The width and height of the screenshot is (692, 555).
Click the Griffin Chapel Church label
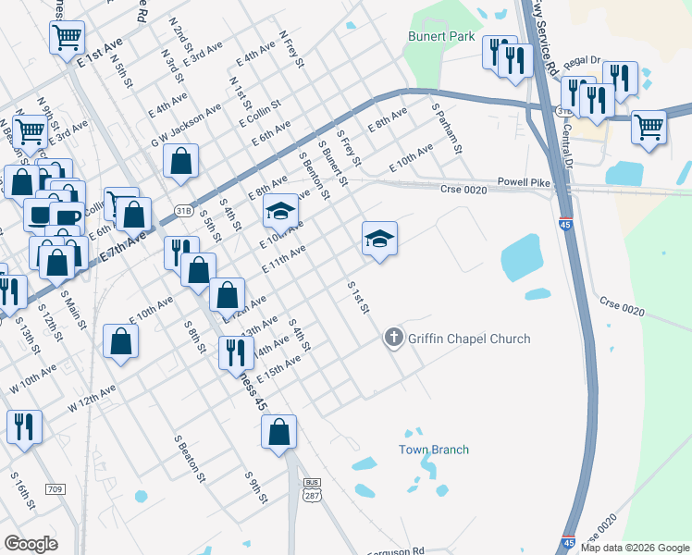tap(468, 339)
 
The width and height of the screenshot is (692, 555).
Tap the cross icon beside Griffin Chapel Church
tap(393, 339)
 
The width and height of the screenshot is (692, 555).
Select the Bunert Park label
tap(441, 37)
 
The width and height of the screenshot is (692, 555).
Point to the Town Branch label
tap(433, 450)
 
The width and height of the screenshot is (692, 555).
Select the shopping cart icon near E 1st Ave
tap(68, 38)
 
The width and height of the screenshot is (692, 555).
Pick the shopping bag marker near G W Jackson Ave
tap(181, 160)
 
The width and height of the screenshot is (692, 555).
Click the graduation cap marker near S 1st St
tap(378, 239)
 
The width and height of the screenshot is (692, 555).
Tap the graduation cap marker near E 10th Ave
tap(280, 211)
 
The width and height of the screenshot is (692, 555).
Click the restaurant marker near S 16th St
tap(22, 426)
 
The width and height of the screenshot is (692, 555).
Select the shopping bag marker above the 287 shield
tap(278, 431)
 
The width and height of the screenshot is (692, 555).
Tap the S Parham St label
tap(447, 129)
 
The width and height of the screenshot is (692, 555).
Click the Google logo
tap(31, 544)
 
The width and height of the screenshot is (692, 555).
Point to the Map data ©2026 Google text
tap(634, 548)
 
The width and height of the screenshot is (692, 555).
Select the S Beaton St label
tap(189, 456)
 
